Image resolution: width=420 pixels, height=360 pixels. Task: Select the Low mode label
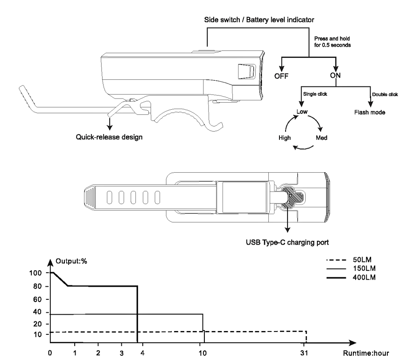click(x=302, y=112)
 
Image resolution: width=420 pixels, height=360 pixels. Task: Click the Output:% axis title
click(x=71, y=261)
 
